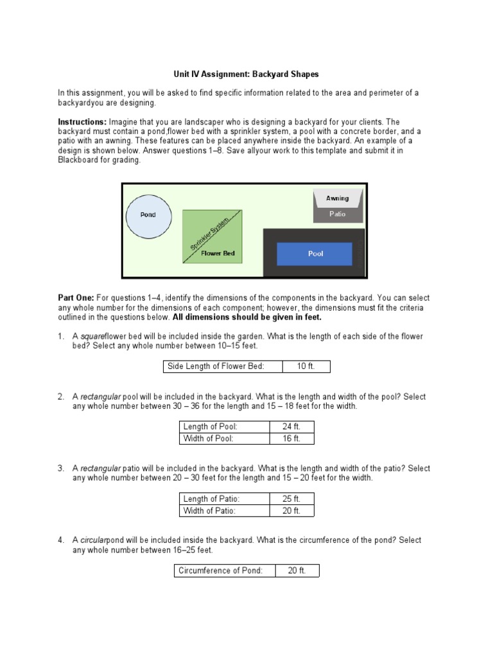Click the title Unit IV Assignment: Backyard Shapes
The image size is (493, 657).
[x=246, y=74]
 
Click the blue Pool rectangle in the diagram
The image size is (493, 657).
[x=315, y=254]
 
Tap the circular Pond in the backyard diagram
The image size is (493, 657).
[x=148, y=215]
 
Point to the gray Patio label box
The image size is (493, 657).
[x=338, y=214]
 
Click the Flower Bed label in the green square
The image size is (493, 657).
[x=218, y=253]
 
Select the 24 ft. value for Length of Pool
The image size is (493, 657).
[x=291, y=427]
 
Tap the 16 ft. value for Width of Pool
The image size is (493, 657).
[x=291, y=439]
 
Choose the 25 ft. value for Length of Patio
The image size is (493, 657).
[x=291, y=499]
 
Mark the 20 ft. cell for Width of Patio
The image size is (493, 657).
[x=291, y=511]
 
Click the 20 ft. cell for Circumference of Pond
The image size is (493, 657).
[x=297, y=570]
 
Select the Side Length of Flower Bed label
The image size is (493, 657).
[x=216, y=366]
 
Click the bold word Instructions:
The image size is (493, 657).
[x=82, y=122]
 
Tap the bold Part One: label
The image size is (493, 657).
[x=76, y=298]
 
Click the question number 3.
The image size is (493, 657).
[x=60, y=468]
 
